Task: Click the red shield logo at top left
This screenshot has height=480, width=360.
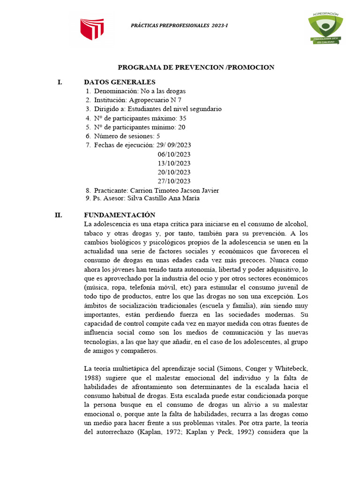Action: tap(92, 30)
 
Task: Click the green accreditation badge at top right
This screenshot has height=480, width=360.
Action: tap(325, 29)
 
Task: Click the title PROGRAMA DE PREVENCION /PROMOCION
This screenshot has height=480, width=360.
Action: tap(195, 67)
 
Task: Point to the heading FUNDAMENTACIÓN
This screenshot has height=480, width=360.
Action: tap(119, 215)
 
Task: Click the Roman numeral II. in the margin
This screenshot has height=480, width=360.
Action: tap(59, 215)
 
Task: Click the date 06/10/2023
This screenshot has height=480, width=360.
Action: tap(174, 154)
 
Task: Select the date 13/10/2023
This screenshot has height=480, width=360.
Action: tap(174, 163)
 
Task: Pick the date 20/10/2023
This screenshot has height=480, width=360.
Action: tap(174, 172)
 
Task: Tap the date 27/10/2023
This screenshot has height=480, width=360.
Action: tap(174, 181)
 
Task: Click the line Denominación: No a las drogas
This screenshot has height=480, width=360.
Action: tap(139, 91)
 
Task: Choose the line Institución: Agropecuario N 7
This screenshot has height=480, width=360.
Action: tap(137, 100)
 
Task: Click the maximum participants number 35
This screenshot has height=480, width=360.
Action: tap(182, 118)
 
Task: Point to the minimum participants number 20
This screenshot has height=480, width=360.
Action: tap(181, 127)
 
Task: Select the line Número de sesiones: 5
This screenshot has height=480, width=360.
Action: tap(127, 136)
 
